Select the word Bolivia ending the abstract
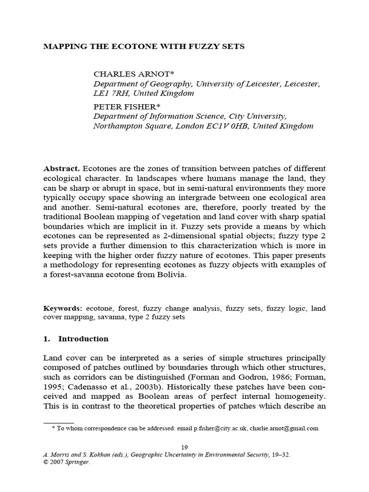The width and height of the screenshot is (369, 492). [x=169, y=275]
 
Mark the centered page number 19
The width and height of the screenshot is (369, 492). [x=184, y=447]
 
